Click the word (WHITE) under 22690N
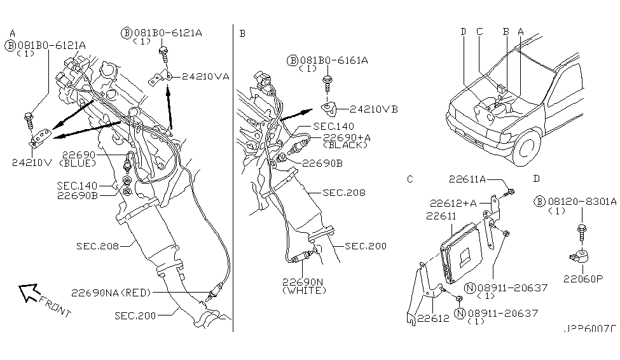coord(305,291)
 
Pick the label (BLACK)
coord(345,145)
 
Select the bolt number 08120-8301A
coord(582,201)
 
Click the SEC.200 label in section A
coord(135,314)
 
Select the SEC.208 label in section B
coord(343,192)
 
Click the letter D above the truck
coord(463,31)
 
